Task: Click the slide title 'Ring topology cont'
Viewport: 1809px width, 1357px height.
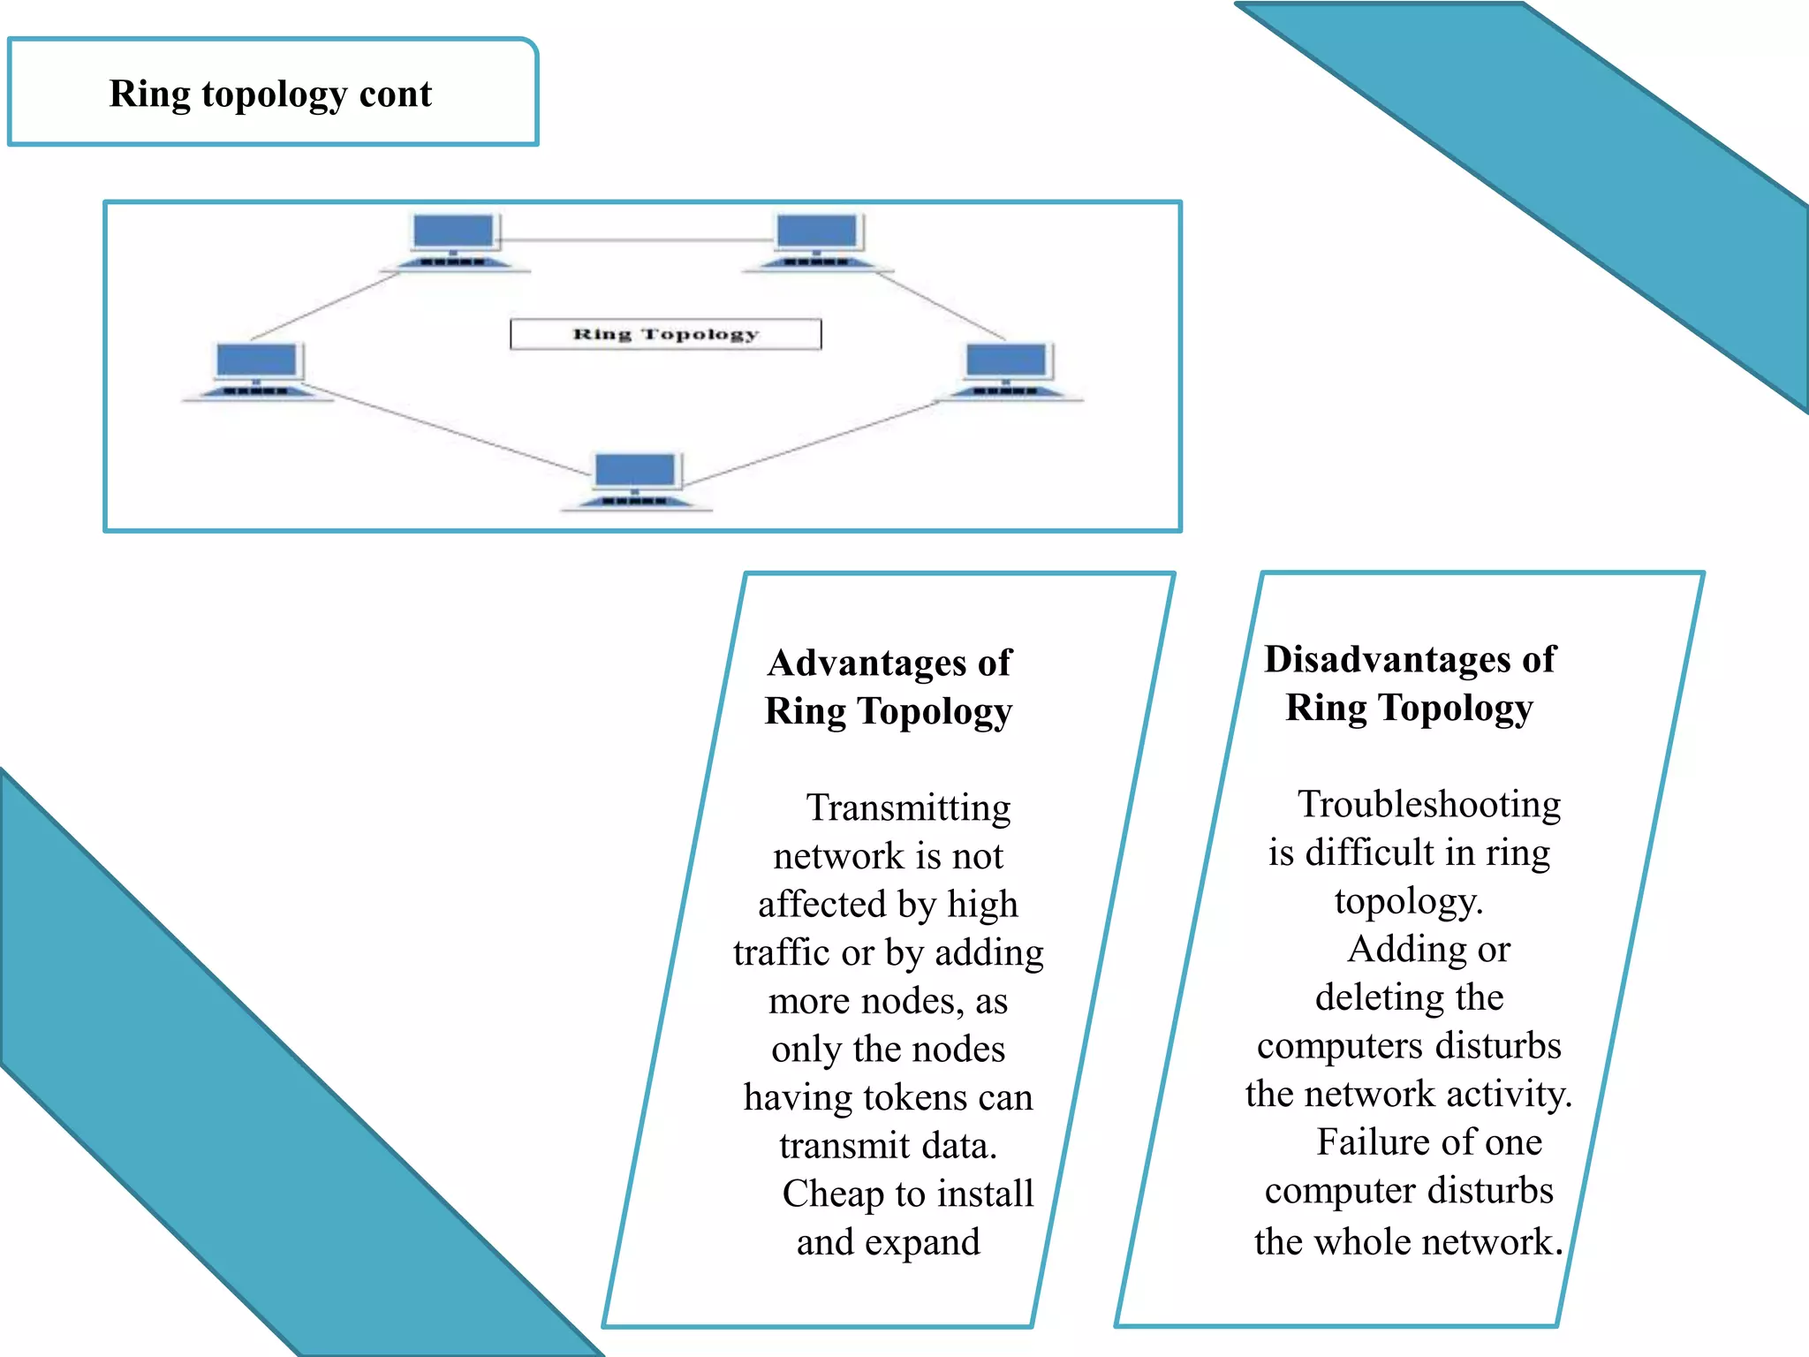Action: (270, 94)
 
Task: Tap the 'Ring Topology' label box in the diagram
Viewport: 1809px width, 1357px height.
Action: (665, 334)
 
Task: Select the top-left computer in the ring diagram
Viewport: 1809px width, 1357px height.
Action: (454, 241)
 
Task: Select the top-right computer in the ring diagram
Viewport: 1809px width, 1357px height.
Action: (817, 241)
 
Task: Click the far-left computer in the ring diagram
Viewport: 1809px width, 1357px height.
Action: (257, 369)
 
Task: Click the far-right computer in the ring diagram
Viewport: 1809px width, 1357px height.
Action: (1007, 369)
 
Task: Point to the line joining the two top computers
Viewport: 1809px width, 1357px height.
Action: (636, 239)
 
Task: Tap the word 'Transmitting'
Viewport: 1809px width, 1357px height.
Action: (908, 807)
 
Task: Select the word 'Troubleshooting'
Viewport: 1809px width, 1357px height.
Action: (1428, 804)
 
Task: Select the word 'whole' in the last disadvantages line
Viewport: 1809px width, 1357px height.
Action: (1362, 1241)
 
